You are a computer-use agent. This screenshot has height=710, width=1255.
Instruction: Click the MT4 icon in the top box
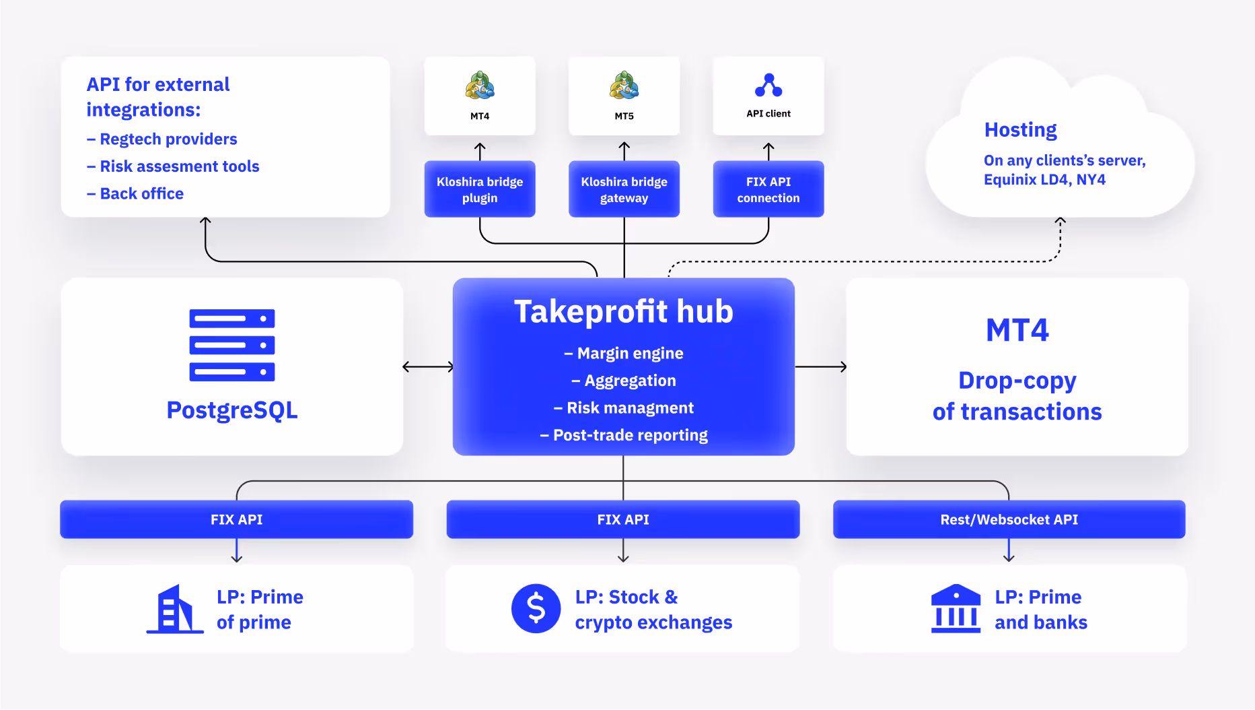tap(480, 86)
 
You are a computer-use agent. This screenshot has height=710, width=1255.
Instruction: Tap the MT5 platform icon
tap(624, 86)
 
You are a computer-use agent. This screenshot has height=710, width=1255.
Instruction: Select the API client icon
tap(768, 86)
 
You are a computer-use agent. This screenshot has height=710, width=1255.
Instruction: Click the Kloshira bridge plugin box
tap(480, 189)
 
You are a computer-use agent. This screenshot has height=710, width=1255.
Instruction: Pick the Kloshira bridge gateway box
tap(624, 189)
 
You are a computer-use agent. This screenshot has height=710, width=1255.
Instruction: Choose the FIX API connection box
tap(768, 189)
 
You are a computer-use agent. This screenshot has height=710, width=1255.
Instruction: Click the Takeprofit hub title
tap(624, 312)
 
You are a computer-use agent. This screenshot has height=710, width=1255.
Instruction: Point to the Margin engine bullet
tap(624, 354)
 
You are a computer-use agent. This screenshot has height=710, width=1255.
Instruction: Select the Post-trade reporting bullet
tap(624, 435)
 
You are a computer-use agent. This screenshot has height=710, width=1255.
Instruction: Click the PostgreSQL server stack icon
tap(232, 345)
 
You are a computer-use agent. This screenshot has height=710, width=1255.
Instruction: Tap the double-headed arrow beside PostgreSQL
tap(428, 366)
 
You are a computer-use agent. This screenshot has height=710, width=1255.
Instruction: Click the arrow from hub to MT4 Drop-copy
tap(820, 366)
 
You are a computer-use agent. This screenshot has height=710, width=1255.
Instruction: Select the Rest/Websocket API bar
tap(1009, 519)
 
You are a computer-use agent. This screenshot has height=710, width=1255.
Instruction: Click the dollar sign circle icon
tap(536, 608)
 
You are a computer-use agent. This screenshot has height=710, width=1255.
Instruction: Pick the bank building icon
tap(956, 608)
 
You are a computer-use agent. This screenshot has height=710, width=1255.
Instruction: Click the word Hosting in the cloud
tap(1020, 129)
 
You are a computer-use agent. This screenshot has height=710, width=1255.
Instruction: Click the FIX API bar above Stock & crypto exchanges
tap(623, 519)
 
